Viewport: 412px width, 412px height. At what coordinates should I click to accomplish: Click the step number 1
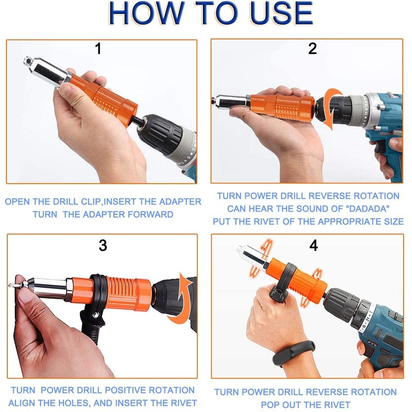tap(98, 49)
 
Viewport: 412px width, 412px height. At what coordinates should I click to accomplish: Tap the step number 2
tap(313, 49)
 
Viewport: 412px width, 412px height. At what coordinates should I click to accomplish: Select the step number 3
tap(102, 245)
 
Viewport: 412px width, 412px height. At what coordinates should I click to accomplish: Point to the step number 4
tap(314, 245)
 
